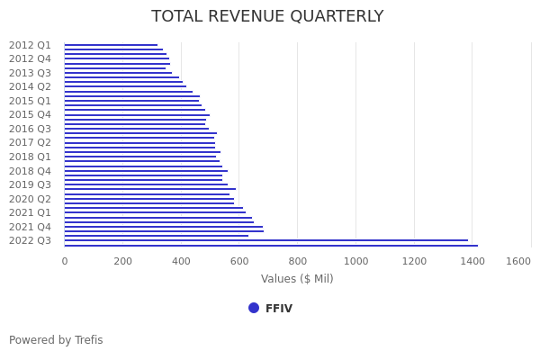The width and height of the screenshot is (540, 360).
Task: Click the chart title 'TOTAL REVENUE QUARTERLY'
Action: click(x=267, y=17)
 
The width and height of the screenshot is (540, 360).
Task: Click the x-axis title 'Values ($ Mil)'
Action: click(x=297, y=279)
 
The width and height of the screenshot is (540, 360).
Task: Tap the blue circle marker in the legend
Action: click(x=254, y=308)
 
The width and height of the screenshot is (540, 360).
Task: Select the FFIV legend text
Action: click(x=278, y=309)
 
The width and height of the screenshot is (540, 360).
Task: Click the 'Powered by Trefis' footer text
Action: click(x=56, y=340)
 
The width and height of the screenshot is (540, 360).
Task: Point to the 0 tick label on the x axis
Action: click(x=65, y=261)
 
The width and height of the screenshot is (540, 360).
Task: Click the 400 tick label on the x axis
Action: click(x=181, y=261)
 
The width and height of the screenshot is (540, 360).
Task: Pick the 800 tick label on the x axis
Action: click(x=298, y=261)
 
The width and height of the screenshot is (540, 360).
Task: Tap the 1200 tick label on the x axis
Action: click(x=414, y=261)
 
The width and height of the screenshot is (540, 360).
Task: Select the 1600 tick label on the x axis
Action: click(x=518, y=261)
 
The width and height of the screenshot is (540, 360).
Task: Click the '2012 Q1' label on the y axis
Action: click(x=30, y=45)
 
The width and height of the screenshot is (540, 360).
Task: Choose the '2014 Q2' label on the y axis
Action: click(x=30, y=87)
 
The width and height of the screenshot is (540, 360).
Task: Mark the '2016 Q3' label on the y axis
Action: click(x=30, y=129)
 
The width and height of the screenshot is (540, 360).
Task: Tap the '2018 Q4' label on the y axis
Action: click(x=30, y=171)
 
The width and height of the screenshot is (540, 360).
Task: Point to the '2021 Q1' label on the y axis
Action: click(x=30, y=212)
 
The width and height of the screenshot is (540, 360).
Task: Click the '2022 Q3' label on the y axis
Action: click(x=30, y=240)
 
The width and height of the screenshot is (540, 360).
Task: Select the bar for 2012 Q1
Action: click(x=111, y=45)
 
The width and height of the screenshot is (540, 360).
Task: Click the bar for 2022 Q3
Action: click(x=265, y=240)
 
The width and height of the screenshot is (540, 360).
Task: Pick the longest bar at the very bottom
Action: click(x=270, y=245)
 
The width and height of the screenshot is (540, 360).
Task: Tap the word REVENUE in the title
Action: click(x=260, y=17)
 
